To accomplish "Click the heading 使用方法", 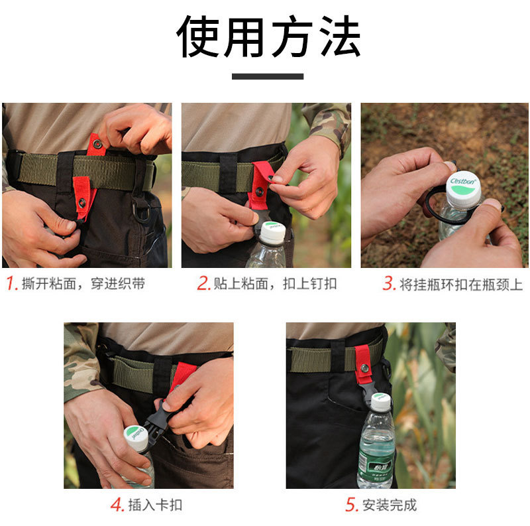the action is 268,36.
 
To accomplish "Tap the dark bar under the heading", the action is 268,76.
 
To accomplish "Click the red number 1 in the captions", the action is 12,283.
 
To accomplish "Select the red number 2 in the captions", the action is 204,283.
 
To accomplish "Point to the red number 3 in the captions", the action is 389,283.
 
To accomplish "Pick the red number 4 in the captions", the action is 117,505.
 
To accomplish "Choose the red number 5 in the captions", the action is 352,505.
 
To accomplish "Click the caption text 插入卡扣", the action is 156,505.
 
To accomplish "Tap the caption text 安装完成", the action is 390,505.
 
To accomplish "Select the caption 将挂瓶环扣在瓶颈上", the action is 461,285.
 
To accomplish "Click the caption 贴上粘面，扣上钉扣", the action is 275,284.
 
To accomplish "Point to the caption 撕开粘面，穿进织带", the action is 83,284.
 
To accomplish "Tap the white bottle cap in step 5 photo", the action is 381,401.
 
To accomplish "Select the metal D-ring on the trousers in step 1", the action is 141,210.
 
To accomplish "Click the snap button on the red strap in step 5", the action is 364,368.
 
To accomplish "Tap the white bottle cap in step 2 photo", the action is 273,233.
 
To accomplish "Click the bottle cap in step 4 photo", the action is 136,438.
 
